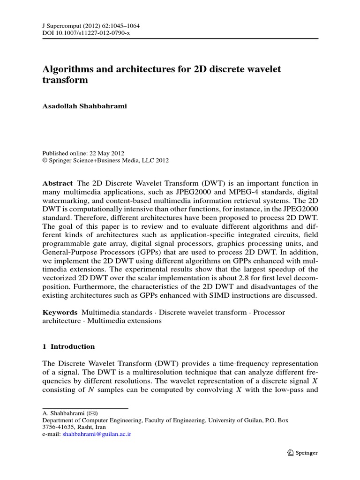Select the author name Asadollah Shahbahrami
[x=85, y=106]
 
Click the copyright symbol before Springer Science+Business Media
[x=45, y=160]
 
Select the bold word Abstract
[x=58, y=183]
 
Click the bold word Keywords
[x=60, y=312]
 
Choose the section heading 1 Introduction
[x=68, y=347]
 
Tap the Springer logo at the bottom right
[x=302, y=453]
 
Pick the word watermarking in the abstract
[x=64, y=201]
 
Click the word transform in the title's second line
[x=65, y=80]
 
